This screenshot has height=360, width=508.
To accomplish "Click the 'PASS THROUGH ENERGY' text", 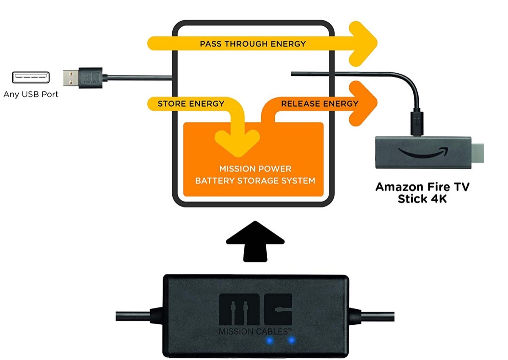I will click(x=253, y=44).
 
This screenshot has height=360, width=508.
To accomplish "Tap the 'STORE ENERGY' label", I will click(x=191, y=104).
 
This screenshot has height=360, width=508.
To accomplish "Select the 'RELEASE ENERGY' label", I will click(x=320, y=104).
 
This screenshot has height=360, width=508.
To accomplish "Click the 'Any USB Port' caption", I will click(x=31, y=94).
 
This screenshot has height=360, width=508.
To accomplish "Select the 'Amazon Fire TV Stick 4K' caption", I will click(x=422, y=192).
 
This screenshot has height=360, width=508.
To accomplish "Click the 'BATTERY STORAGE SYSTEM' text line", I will click(x=255, y=181).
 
